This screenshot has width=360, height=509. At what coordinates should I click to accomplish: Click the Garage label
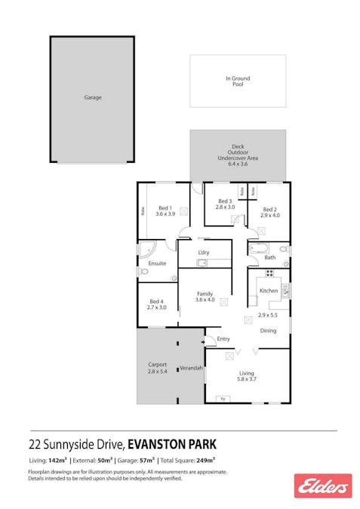point(92,97)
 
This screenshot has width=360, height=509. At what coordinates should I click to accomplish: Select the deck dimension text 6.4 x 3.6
point(238,164)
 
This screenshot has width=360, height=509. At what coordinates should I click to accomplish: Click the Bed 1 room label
point(165,208)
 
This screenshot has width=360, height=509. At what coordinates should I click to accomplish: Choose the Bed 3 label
point(225,201)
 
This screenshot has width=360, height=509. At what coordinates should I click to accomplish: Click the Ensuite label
point(157,263)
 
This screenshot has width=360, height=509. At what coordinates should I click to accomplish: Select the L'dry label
point(203,252)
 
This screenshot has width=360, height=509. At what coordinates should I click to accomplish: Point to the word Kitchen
point(269,290)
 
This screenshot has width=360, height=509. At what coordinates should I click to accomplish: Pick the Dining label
point(268,331)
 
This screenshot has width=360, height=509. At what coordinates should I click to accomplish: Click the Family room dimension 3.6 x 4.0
point(205,300)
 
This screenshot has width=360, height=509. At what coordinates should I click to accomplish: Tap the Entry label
point(223,339)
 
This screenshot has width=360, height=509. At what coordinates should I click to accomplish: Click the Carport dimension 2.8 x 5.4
point(157,372)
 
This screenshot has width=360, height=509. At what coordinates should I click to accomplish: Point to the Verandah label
point(191,368)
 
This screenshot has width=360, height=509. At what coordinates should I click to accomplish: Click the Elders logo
point(323,485)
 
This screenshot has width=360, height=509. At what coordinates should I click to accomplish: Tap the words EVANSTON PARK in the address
point(173,444)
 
